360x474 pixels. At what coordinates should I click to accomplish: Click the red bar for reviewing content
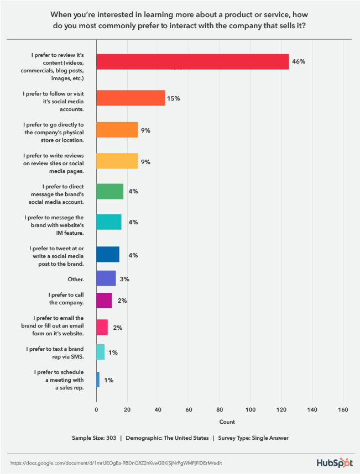[x=192, y=62]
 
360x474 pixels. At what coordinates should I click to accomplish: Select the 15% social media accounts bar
[x=131, y=98]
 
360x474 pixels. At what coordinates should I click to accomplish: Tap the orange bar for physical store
[x=117, y=129]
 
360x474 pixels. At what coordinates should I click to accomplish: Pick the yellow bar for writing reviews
[x=117, y=161]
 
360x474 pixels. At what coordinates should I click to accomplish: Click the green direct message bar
[x=109, y=191]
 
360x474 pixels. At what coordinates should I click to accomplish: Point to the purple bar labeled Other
[x=106, y=278]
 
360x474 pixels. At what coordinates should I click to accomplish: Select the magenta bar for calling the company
[x=104, y=301]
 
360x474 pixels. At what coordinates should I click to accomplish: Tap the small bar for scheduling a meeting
[x=98, y=379]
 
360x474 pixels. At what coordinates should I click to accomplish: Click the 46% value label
[x=299, y=62]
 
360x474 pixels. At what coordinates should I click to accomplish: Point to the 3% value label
[x=124, y=279]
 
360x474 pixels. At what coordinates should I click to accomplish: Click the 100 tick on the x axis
[x=251, y=409]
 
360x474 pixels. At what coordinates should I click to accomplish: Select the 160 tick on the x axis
[x=343, y=409]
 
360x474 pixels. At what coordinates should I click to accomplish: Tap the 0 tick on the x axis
[x=96, y=409]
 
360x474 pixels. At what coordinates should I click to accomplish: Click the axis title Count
[x=227, y=422]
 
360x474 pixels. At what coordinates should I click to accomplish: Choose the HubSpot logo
[x=335, y=462]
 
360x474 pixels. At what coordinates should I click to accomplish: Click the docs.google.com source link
[x=116, y=462]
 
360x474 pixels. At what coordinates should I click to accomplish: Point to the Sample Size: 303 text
[x=95, y=438]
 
